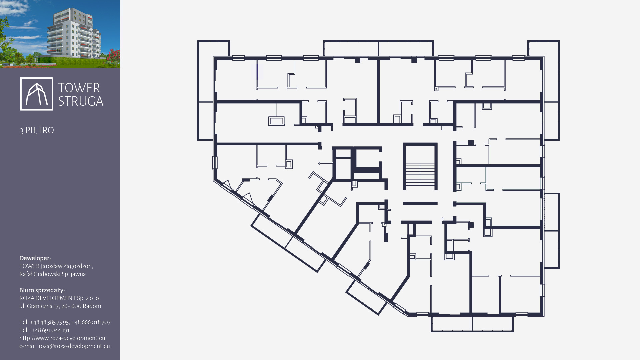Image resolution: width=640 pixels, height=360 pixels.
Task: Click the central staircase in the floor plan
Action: click(420, 167)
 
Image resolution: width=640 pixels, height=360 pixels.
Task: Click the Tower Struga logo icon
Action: click(37, 94)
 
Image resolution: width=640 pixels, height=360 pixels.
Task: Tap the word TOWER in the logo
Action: click(79, 88)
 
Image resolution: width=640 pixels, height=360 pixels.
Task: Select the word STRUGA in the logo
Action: click(81, 101)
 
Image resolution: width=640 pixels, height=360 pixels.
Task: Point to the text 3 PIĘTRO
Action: click(37, 130)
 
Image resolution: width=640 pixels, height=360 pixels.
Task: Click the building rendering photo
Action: click(60, 34)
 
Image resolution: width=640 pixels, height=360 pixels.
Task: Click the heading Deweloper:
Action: click(35, 258)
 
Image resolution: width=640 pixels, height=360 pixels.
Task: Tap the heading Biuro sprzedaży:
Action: click(42, 290)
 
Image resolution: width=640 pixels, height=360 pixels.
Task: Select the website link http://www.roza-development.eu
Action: click(62, 338)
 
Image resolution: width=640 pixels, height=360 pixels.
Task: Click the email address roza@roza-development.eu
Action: click(74, 346)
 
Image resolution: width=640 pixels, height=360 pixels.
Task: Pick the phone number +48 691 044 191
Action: click(50, 330)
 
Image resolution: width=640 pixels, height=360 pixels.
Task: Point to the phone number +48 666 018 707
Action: click(91, 322)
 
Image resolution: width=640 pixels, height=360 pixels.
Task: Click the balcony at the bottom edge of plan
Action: click(472, 324)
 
